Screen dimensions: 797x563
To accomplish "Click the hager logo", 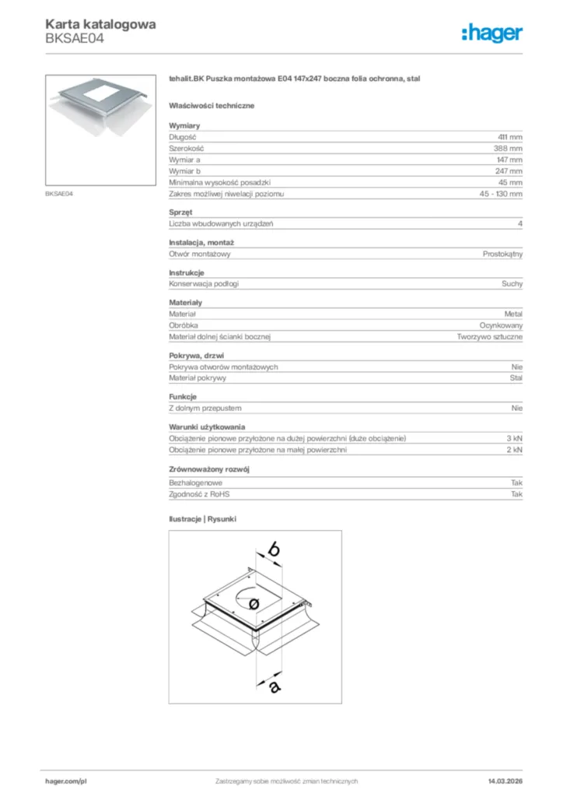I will (x=492, y=33).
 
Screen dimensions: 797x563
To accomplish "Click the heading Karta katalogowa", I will (x=100, y=24).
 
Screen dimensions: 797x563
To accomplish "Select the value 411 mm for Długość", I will (x=510, y=137).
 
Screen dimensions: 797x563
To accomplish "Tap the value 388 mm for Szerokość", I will (x=508, y=148).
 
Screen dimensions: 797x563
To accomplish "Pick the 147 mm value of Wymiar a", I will (x=509, y=160).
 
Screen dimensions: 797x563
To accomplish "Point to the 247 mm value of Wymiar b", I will (x=509, y=170).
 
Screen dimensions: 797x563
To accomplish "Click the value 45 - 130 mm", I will (x=502, y=194).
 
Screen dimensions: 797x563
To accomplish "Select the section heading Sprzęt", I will (x=180, y=212).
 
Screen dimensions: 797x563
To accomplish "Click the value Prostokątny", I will (x=502, y=254).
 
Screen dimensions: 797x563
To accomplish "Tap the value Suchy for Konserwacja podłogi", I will (x=512, y=284).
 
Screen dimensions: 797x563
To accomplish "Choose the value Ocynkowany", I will (x=501, y=325).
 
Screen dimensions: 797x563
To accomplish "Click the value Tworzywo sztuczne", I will (x=490, y=337).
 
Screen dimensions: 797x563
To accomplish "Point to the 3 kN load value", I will (x=514, y=438).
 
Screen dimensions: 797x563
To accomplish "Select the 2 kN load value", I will (x=514, y=450).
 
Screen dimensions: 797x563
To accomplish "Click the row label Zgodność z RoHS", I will (x=200, y=494).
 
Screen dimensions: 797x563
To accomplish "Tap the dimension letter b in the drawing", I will (x=273, y=549).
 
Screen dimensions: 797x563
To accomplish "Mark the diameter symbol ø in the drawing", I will (x=252, y=604).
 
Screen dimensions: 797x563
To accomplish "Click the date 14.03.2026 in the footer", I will (x=505, y=781).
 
